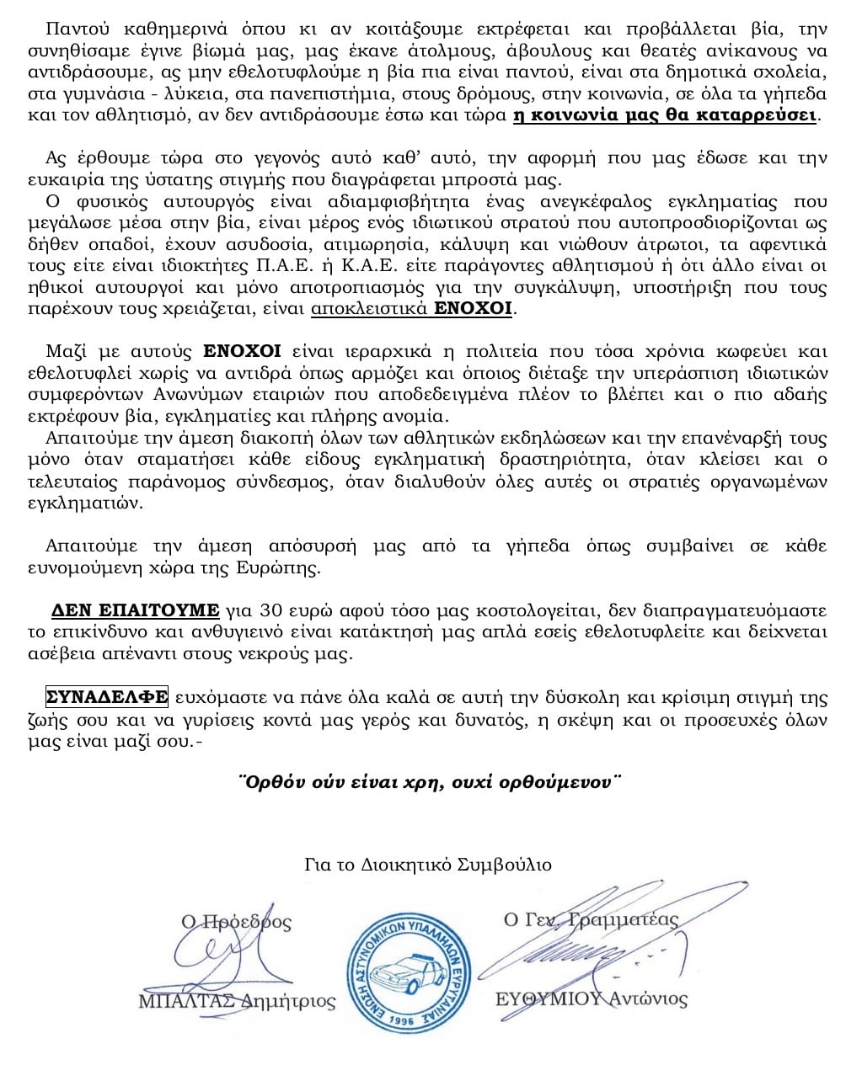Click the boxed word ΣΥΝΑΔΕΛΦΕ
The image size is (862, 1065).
107,697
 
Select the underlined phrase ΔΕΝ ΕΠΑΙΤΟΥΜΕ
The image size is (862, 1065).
135,610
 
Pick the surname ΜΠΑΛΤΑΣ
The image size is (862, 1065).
188,1002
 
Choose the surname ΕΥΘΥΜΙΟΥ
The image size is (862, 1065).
549,999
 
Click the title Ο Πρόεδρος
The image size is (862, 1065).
237,922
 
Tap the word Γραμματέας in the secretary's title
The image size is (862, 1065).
624,919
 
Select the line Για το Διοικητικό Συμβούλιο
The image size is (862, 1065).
428,865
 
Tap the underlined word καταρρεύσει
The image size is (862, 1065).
759,115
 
